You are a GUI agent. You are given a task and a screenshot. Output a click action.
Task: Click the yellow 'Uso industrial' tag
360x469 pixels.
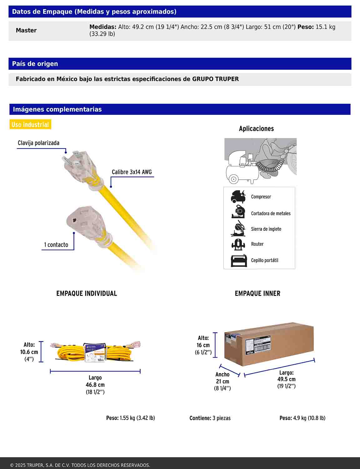pyautogui.click(x=30, y=125)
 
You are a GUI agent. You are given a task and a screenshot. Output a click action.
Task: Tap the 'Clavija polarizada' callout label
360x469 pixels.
pyautogui.click(x=38, y=143)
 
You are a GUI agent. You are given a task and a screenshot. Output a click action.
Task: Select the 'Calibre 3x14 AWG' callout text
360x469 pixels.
pyautogui.click(x=132, y=172)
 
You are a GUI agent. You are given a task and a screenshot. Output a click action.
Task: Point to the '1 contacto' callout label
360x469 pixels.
pyautogui.click(x=56, y=245)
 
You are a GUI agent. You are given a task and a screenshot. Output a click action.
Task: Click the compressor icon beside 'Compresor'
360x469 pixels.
pyautogui.click(x=238, y=197)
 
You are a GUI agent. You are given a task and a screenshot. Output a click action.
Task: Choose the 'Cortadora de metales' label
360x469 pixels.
pyautogui.click(x=271, y=214)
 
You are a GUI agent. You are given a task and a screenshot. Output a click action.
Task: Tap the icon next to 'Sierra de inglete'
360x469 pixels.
pyautogui.click(x=238, y=229)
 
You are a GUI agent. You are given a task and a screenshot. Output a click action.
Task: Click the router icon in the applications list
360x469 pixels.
pyautogui.click(x=238, y=244)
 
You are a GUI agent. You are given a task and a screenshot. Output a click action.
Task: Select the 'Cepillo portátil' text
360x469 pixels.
pyautogui.click(x=264, y=260)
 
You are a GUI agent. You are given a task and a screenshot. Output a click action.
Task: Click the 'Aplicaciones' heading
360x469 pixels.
pyautogui.click(x=256, y=129)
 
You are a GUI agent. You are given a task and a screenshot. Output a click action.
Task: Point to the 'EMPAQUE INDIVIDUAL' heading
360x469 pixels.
pyautogui.click(x=87, y=294)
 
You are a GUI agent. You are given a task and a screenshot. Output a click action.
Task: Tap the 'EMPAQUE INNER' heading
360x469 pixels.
pyautogui.click(x=257, y=294)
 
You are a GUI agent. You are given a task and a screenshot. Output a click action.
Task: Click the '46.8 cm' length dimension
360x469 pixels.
pyautogui.click(x=95, y=385)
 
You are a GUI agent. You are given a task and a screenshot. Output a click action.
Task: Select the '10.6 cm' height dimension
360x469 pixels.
pyautogui.click(x=29, y=352)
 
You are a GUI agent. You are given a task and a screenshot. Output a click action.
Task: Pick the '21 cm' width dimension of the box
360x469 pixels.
pyautogui.click(x=222, y=381)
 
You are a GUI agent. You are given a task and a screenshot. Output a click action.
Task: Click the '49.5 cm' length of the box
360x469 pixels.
pyautogui.click(x=286, y=379)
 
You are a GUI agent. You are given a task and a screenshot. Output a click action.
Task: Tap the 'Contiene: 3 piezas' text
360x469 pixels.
pyautogui.click(x=210, y=418)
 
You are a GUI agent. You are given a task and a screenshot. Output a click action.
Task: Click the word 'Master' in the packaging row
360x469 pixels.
pyautogui.click(x=26, y=30)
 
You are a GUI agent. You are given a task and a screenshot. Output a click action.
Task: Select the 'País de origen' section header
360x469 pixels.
pyautogui.click(x=35, y=64)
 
